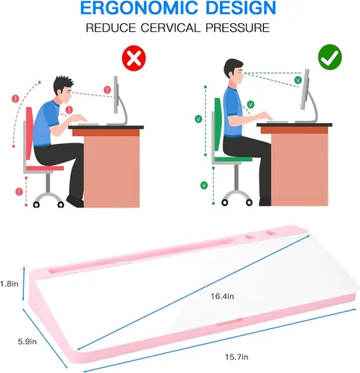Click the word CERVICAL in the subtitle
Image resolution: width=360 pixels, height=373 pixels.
[x=171, y=28]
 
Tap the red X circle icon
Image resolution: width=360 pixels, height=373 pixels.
[x=133, y=58]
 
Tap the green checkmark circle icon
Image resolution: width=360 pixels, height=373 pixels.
[x=330, y=57]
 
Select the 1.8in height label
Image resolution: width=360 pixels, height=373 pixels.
[x=9, y=283]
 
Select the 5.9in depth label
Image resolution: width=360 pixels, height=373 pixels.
[x=28, y=342]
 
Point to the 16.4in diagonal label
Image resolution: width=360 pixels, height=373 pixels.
[x=222, y=296]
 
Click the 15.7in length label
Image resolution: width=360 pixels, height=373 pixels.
[x=236, y=357]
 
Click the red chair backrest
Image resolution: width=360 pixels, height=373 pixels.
[x=30, y=133]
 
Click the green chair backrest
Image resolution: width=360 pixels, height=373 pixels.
[x=218, y=124]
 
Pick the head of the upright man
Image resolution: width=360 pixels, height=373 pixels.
[x=234, y=72]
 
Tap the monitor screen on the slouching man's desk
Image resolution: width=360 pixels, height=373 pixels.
[x=116, y=95]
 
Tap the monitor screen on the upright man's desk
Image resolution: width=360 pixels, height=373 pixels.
[x=305, y=89]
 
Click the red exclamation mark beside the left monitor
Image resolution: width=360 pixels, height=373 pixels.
[x=107, y=90]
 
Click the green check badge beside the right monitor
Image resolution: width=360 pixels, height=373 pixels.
[x=298, y=80]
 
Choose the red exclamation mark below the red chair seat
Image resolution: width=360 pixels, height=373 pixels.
[x=19, y=192]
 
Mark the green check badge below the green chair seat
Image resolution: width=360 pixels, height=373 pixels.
[x=204, y=185]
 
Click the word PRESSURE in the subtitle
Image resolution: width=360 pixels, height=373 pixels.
[x=238, y=28]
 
